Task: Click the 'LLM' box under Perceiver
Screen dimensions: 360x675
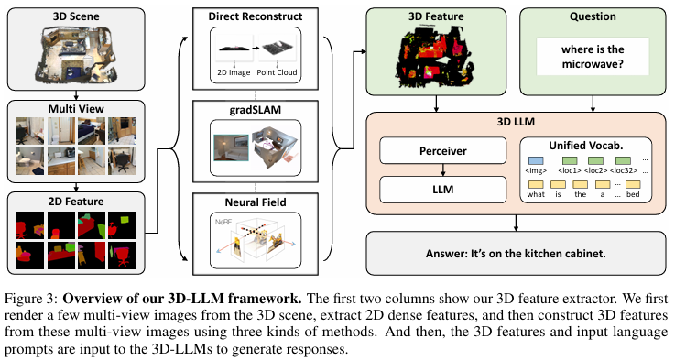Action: pyautogui.click(x=442, y=189)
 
